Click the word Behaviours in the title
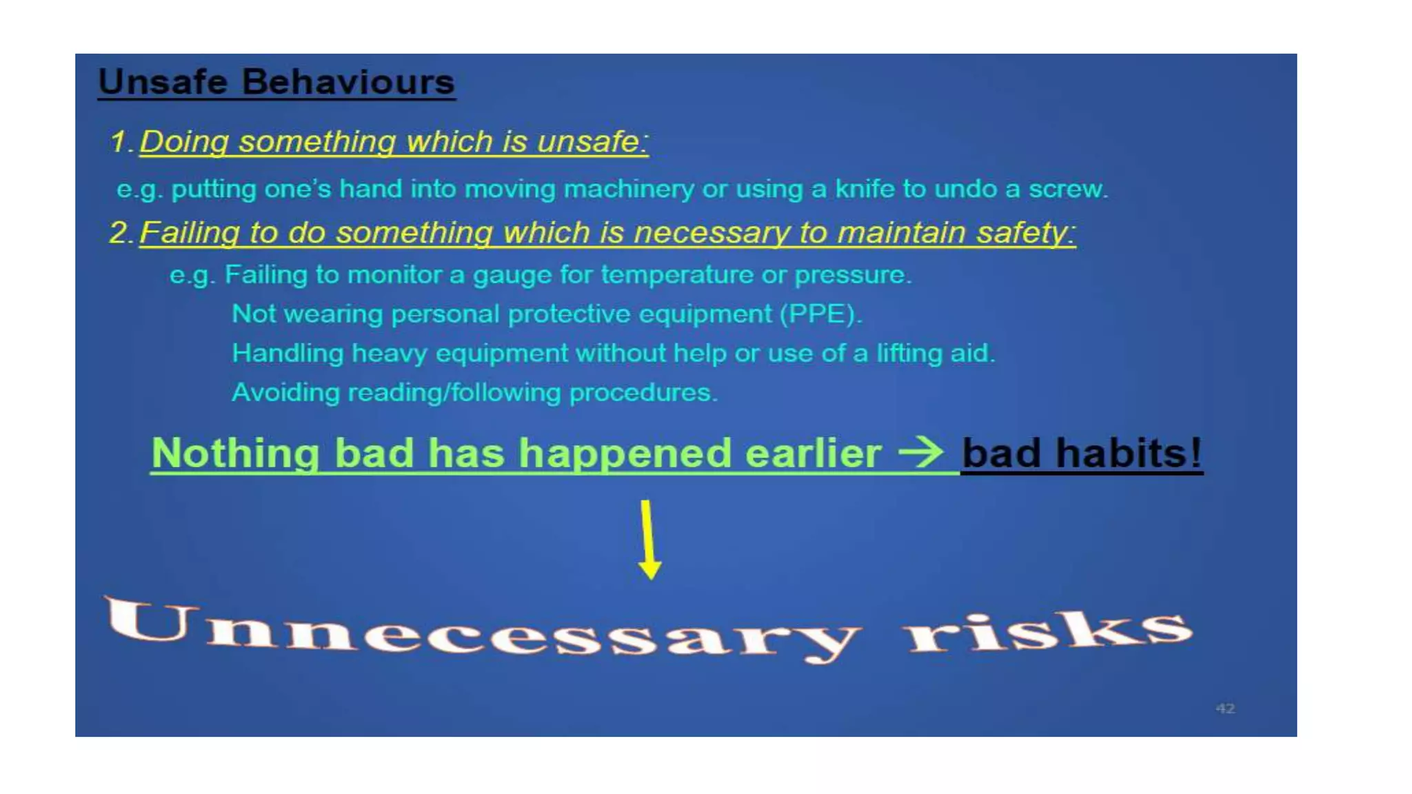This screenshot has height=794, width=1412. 348,82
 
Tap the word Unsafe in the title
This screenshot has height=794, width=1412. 163,82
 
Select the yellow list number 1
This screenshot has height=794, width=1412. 119,142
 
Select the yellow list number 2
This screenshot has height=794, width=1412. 119,232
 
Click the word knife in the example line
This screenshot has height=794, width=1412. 865,189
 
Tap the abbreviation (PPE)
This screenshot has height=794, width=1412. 820,314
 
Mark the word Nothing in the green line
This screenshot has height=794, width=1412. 235,454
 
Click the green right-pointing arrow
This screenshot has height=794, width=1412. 921,452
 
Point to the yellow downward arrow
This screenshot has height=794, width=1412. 648,539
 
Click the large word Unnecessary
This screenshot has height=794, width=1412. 483,629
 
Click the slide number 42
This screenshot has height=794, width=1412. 1224,709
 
